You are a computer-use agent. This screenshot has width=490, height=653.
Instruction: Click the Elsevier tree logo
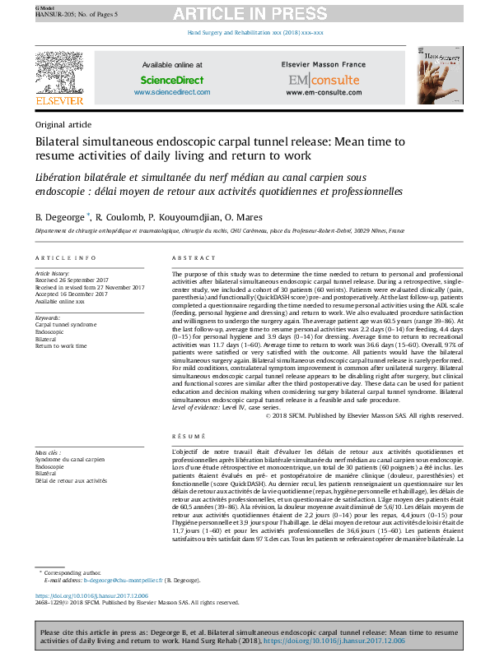(x=59, y=73)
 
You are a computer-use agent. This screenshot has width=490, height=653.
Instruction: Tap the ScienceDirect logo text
(x=171, y=80)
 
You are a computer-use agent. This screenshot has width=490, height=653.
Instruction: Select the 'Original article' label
(x=63, y=124)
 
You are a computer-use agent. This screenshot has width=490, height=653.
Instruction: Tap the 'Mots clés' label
(x=48, y=452)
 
